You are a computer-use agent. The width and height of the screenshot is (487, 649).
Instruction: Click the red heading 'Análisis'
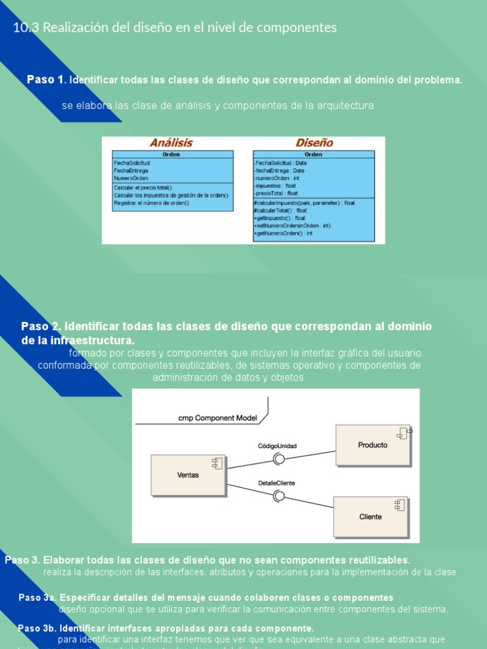pos(171,143)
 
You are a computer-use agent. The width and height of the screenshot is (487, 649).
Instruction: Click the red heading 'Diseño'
pos(313,143)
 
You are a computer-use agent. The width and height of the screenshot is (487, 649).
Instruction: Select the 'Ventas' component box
pos(188,475)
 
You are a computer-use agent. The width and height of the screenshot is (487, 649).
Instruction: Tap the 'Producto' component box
pos(372,445)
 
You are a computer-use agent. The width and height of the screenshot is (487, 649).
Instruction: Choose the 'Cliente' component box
pos(370,517)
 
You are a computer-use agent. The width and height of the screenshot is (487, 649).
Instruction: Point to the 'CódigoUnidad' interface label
pos(277,446)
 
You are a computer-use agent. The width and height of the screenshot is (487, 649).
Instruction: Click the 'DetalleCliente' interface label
pos(276,483)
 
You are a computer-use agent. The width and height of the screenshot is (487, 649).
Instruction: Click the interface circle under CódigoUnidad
pos(278,458)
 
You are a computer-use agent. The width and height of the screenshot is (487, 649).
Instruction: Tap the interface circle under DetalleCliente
pos(278,496)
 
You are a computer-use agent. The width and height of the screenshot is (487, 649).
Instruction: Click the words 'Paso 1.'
pos(46,80)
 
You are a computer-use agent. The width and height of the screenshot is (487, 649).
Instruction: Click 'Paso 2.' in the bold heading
pos(41,326)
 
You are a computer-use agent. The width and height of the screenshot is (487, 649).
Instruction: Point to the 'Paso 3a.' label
pos(37,598)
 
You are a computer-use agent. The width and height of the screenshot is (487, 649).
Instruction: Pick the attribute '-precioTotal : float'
pos(276,193)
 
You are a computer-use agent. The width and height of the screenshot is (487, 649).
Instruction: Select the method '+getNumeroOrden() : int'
pos(283,233)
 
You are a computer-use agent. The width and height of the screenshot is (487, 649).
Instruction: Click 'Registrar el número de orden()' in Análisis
pos(152,203)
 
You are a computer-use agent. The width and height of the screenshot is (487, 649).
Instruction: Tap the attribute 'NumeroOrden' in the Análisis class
pos(131,178)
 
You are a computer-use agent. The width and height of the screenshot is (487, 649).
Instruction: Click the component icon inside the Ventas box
pos(217,464)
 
